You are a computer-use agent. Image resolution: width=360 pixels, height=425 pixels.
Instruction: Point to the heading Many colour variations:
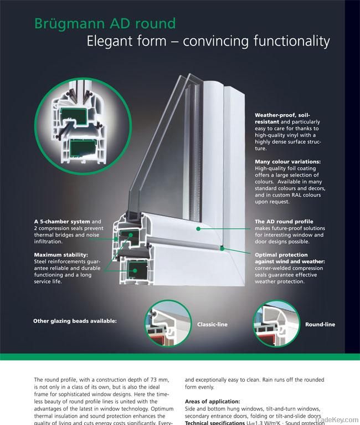(287, 161)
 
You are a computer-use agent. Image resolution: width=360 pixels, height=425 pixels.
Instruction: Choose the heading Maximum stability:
(60, 255)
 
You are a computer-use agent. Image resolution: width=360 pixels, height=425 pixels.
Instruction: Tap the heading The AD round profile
(284, 222)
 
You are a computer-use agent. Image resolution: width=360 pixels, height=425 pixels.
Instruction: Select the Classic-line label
(212, 324)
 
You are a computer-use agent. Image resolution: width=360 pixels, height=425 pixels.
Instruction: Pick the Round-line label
(320, 324)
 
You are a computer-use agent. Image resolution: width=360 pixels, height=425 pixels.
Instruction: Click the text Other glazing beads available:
(75, 320)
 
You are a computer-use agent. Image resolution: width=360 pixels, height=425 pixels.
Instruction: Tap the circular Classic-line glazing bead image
(168, 324)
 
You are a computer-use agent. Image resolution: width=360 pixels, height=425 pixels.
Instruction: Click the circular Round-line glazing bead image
(275, 324)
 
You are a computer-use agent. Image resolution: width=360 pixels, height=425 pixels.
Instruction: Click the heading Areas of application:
(213, 401)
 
